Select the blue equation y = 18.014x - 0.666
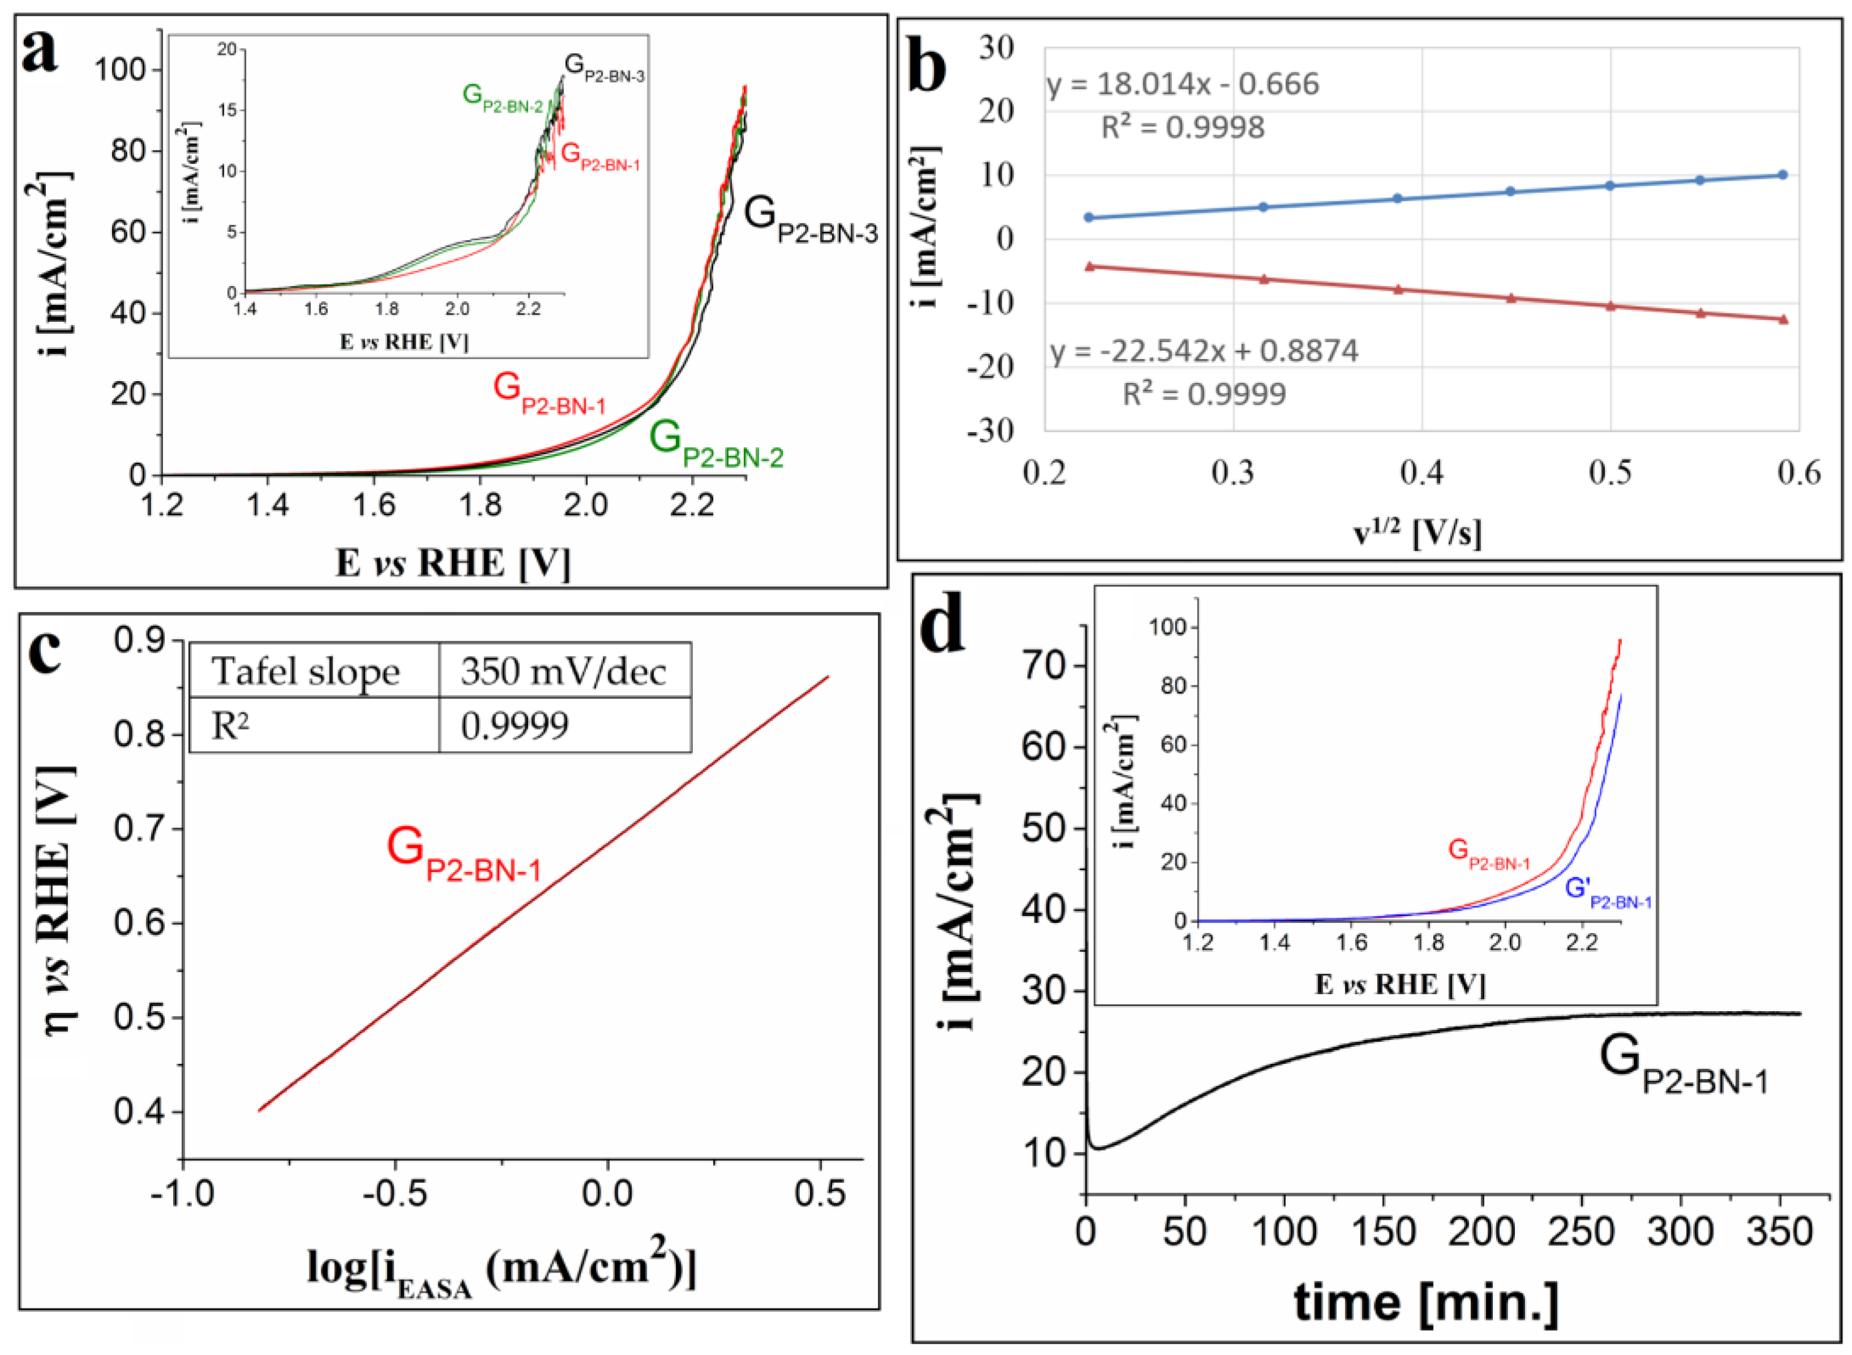point(1183,84)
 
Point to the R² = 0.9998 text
point(1182,127)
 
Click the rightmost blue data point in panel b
point(1781,175)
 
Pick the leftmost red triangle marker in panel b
point(1090,266)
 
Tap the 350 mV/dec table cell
point(563,672)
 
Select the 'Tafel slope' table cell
point(306,672)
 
